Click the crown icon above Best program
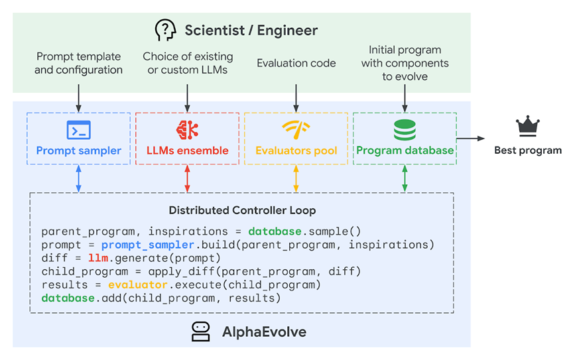528,126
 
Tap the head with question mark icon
165,30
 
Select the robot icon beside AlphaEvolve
201,331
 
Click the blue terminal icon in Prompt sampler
78,130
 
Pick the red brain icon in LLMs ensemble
188,130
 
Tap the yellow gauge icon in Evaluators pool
296,130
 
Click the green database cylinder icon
405,130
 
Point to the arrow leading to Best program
470,139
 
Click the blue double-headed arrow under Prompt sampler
78,178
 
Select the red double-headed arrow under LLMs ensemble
188,178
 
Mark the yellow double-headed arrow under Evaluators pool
296,178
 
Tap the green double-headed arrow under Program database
405,178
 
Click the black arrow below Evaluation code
296,98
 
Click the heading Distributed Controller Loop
242,210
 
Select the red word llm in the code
98,258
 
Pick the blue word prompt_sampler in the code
148,245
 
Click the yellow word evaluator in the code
138,285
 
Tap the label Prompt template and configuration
78,63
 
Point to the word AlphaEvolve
264,331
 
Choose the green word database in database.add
68,298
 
